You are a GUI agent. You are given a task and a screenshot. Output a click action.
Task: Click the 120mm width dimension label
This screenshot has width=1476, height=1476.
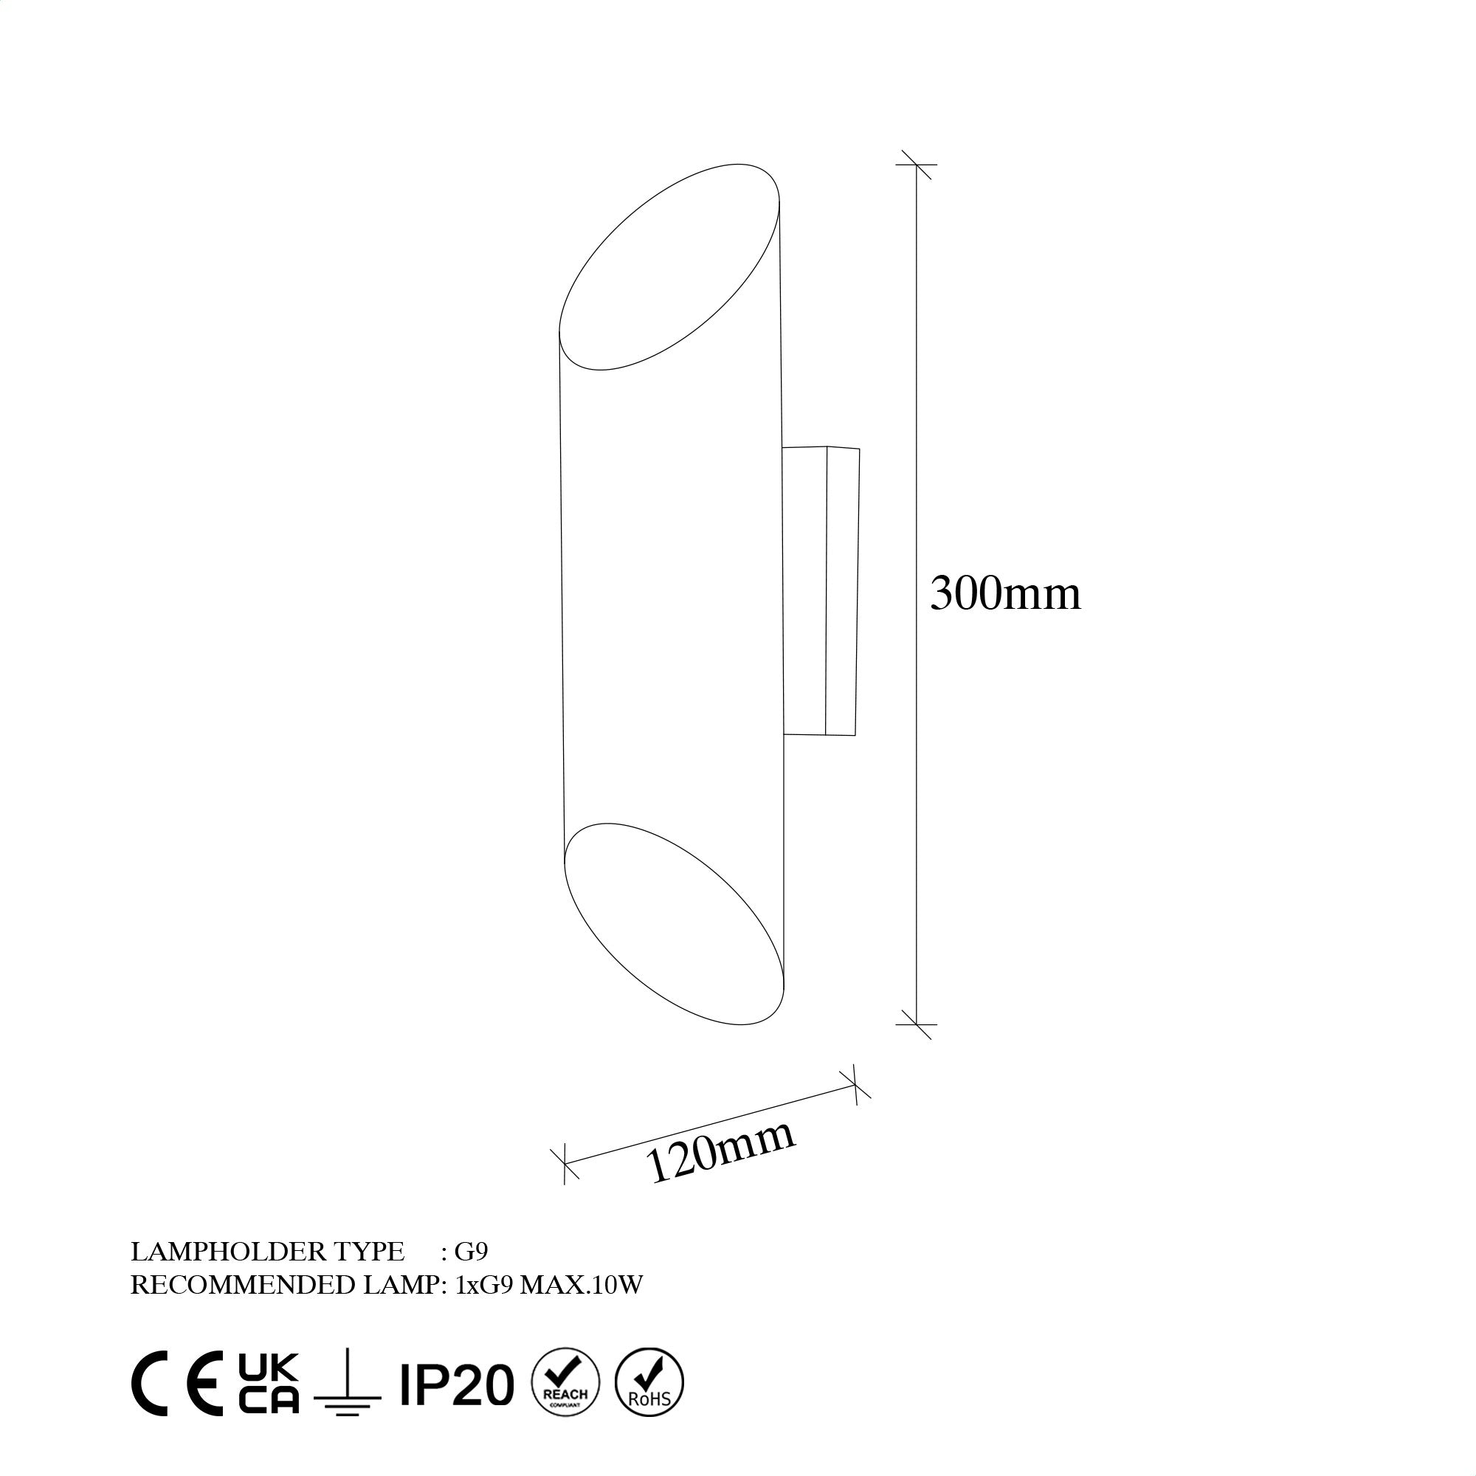[x=720, y=1153]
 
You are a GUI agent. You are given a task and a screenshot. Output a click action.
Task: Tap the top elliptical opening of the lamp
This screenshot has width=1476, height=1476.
[x=669, y=267]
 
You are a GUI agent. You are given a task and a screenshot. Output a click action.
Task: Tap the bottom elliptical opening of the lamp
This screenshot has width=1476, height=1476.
[x=674, y=924]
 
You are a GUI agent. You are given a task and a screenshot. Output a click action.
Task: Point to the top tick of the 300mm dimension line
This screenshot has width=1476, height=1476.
[x=916, y=165]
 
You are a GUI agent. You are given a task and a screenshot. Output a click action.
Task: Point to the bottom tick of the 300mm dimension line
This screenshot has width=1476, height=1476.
[x=916, y=1024]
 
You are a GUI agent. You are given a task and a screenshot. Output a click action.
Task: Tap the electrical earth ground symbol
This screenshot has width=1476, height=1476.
[x=347, y=1392]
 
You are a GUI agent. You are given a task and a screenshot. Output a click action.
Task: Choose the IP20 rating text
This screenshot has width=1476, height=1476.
[x=457, y=1385]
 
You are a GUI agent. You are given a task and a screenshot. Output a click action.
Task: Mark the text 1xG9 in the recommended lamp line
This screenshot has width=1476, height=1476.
[x=484, y=1285]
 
